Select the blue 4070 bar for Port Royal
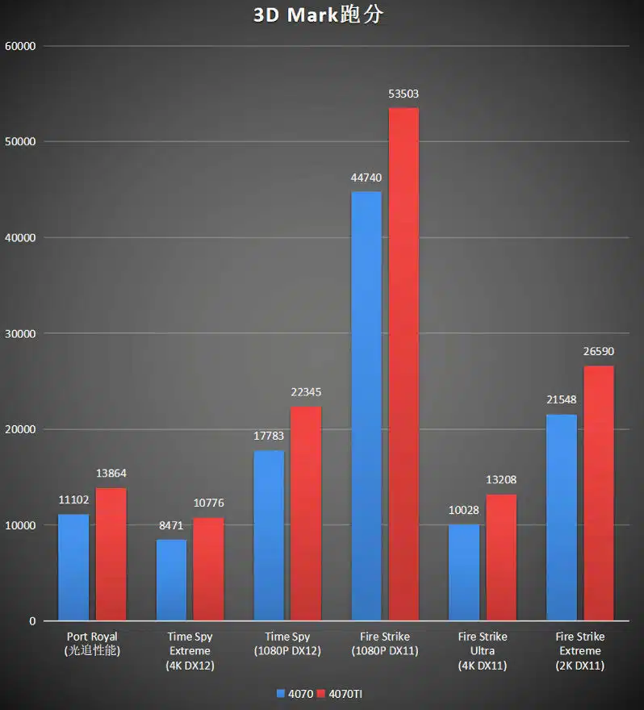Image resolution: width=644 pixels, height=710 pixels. click(73, 567)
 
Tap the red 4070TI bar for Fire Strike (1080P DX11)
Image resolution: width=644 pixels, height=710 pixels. click(404, 364)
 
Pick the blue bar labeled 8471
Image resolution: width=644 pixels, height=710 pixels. click(171, 580)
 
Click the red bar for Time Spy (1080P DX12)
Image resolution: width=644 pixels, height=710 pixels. click(306, 513)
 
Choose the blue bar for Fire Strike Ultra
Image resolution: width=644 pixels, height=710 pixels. click(463, 573)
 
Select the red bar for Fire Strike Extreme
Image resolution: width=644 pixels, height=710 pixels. click(599, 493)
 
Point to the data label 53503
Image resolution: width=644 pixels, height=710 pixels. click(404, 94)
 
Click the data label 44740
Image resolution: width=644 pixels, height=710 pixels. click(366, 177)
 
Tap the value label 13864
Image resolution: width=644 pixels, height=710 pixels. click(111, 474)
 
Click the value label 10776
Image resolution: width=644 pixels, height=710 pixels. click(209, 503)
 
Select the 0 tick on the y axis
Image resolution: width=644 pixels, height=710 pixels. click(33, 621)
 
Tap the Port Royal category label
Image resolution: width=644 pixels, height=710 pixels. click(92, 643)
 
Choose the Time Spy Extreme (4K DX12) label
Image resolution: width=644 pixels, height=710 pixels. click(190, 650)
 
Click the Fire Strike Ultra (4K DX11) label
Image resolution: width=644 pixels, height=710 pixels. click(482, 650)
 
